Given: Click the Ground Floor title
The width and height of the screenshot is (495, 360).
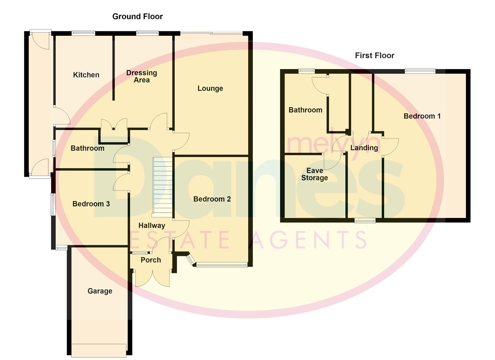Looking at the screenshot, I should pyautogui.click(x=137, y=16).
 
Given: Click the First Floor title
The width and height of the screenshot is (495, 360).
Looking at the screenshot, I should pyautogui.click(x=374, y=55).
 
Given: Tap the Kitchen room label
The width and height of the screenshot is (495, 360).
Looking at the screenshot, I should pyautogui.click(x=86, y=75).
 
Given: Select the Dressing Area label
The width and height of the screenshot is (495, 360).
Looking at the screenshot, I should pyautogui.click(x=142, y=76).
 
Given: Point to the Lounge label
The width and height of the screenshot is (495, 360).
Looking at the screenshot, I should pyautogui.click(x=210, y=88).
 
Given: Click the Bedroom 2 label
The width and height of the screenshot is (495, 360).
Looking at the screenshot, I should pyautogui.click(x=212, y=199).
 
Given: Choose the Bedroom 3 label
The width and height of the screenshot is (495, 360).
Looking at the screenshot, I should pyautogui.click(x=91, y=204).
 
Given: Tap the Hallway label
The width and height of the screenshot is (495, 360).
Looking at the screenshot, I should pyautogui.click(x=152, y=225).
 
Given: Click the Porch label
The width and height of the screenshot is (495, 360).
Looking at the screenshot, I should pyautogui.click(x=151, y=260).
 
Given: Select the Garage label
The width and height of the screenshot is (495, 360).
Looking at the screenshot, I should pyautogui.click(x=100, y=291).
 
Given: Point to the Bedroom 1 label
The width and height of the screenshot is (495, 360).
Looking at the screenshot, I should pyautogui.click(x=422, y=116).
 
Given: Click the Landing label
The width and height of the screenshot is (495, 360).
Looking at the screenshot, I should pyautogui.click(x=364, y=148).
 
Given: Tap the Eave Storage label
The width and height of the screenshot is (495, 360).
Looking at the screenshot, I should pyautogui.click(x=314, y=174).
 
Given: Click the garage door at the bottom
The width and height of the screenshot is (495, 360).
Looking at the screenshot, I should pyautogui.click(x=99, y=350).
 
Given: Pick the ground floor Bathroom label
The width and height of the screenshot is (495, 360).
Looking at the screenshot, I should pyautogui.click(x=87, y=148).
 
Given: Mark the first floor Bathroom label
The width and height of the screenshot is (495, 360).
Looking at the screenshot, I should pyautogui.click(x=305, y=110).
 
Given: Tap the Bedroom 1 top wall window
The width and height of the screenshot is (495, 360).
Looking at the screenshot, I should pyautogui.click(x=420, y=71).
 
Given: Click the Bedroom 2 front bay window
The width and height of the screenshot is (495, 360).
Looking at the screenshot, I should pyautogui.click(x=222, y=265).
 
